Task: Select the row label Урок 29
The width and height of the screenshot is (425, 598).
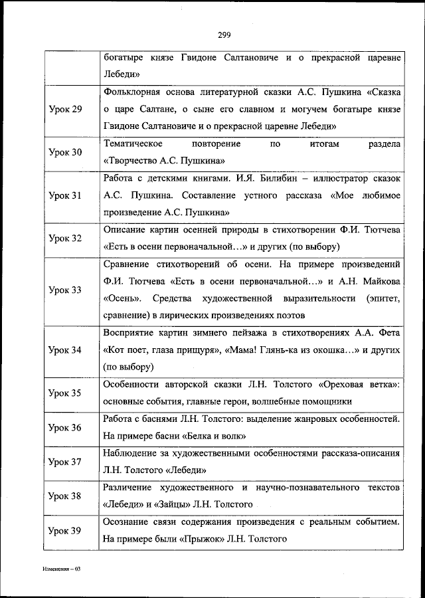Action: [x=66, y=109]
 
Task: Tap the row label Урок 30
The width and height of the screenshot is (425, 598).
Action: [x=66, y=152]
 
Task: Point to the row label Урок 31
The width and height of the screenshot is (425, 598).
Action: [x=66, y=196]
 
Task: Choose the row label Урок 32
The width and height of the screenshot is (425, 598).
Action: [x=66, y=238]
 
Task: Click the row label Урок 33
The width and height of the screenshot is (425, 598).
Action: [x=66, y=290]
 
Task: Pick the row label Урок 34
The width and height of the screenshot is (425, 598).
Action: [x=66, y=350]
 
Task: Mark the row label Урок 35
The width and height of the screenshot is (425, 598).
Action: [x=66, y=393]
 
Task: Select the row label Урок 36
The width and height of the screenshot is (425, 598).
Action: [x=66, y=427]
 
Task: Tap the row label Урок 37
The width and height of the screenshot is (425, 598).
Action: [x=66, y=461]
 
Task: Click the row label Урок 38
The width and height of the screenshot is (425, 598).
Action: [x=66, y=496]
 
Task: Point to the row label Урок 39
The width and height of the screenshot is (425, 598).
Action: [x=66, y=530]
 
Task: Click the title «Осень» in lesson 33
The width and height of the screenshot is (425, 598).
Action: [x=121, y=298]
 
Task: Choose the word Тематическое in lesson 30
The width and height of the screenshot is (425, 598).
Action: [x=132, y=144]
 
